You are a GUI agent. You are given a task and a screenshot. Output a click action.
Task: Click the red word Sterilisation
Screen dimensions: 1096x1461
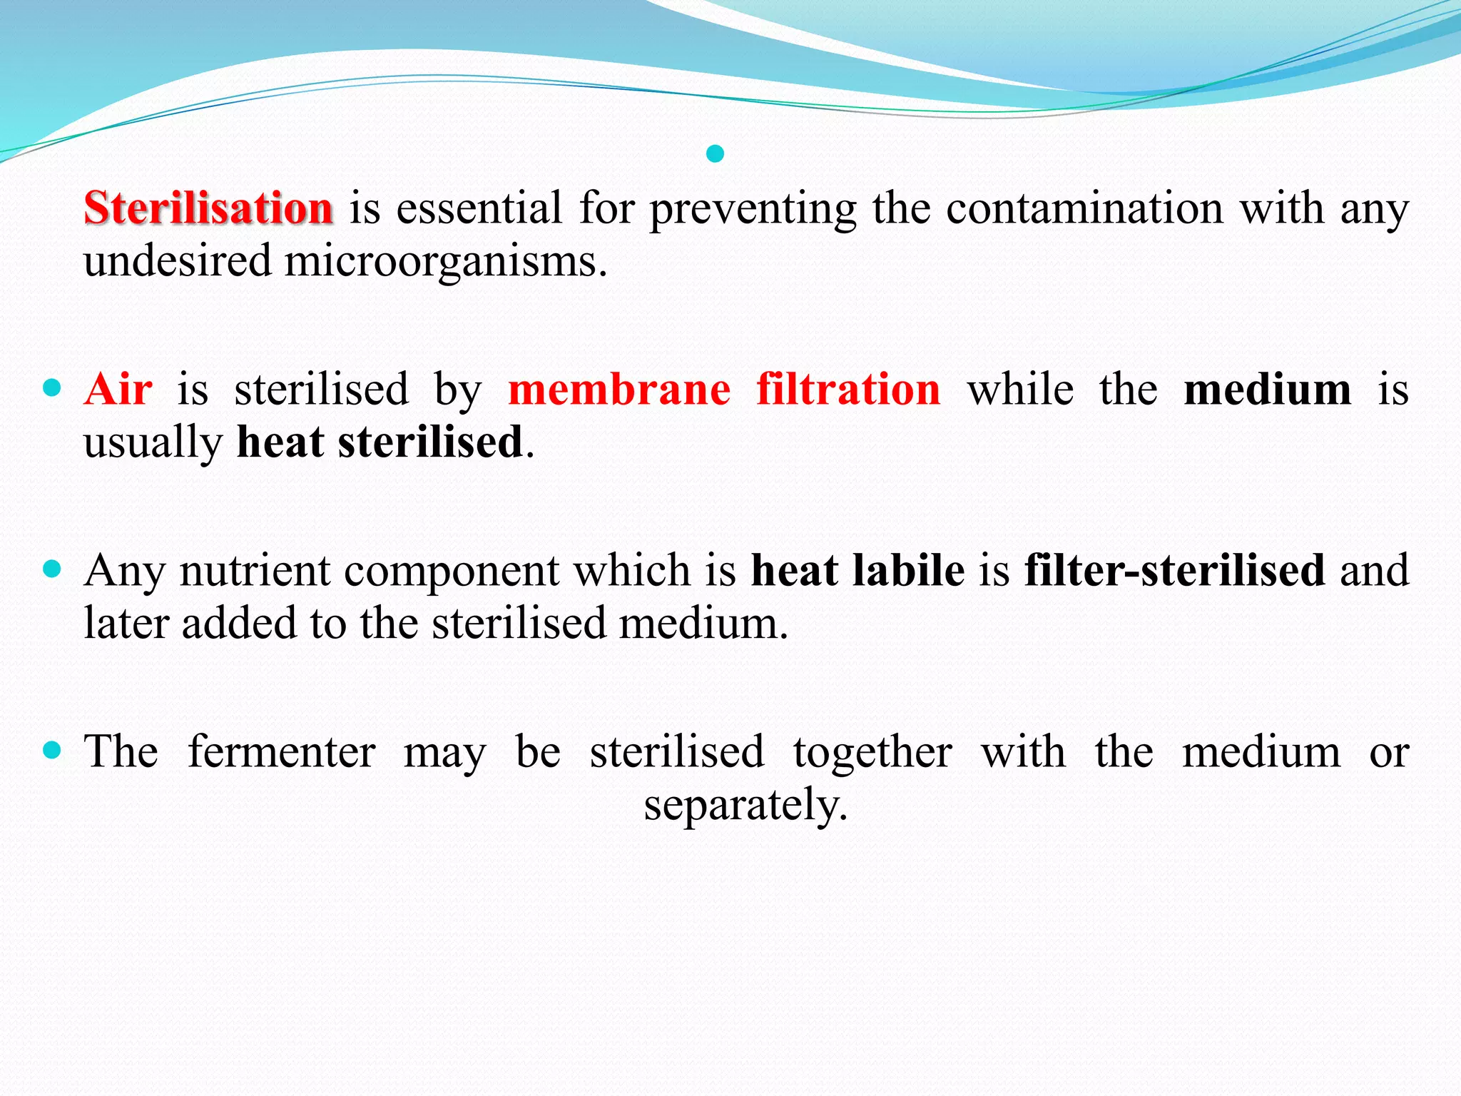tap(208, 208)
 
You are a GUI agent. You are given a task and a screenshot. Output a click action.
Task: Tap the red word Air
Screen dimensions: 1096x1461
tap(118, 390)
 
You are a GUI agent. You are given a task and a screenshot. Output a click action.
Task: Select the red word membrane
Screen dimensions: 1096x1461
tap(619, 390)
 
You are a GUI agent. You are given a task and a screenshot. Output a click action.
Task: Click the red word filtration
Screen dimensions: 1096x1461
tap(848, 390)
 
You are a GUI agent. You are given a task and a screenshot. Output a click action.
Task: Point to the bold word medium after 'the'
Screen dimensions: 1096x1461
tap(1267, 390)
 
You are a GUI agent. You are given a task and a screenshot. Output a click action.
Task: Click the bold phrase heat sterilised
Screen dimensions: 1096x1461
tap(380, 442)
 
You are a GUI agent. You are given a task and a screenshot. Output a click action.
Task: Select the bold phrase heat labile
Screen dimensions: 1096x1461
tap(857, 571)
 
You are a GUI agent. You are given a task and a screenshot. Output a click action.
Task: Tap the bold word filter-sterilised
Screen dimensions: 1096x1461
tap(1175, 571)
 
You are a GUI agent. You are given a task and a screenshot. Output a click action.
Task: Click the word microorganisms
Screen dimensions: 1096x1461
tap(445, 261)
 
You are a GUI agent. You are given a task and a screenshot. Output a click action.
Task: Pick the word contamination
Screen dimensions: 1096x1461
tap(1084, 208)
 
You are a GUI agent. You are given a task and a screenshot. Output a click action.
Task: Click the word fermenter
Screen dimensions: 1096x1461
tap(282, 751)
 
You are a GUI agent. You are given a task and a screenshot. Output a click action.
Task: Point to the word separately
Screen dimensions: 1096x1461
tap(745, 805)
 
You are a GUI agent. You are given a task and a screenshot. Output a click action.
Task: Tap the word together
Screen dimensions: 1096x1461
tap(872, 751)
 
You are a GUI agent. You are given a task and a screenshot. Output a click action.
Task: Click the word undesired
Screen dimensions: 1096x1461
tap(178, 261)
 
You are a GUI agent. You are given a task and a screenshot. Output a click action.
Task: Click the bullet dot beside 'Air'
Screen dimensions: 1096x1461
tap(52, 388)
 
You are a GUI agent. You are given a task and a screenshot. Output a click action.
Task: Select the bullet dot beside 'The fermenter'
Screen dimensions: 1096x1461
tap(52, 750)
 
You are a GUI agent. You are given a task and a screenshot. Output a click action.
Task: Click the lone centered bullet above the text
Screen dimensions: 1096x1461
tap(715, 153)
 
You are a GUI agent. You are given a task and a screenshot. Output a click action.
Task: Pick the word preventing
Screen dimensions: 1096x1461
tap(753, 210)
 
